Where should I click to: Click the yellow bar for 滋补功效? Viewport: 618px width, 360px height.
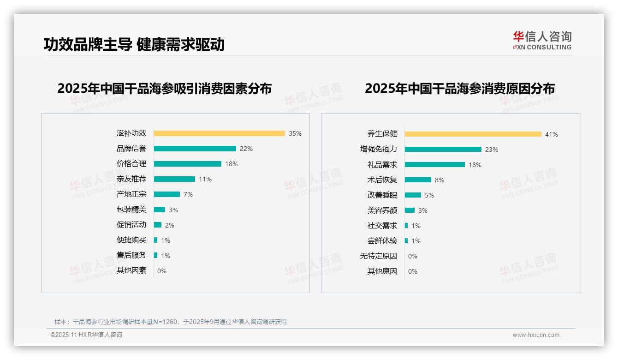(x=219, y=133)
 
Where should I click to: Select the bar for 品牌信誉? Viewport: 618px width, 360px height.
(x=195, y=149)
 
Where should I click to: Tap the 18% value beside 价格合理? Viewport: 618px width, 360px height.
(x=231, y=164)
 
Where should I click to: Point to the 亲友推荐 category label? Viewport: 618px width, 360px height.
(x=131, y=179)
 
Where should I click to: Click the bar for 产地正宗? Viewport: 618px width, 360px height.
(x=166, y=194)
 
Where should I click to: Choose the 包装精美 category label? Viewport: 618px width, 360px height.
(x=131, y=210)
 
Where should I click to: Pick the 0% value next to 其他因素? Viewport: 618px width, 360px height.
(x=161, y=271)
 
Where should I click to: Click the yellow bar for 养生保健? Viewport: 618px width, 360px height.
(x=473, y=134)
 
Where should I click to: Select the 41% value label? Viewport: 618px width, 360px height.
(x=551, y=134)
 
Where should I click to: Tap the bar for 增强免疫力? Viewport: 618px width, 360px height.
(x=443, y=150)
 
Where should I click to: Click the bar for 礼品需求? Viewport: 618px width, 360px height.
(x=434, y=165)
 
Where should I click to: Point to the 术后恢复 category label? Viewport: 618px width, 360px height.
(x=382, y=180)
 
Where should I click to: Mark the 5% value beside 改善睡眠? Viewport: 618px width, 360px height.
(x=429, y=195)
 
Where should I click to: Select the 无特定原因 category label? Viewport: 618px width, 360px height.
(x=378, y=256)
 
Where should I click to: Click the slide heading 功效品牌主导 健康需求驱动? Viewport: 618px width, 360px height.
(x=134, y=44)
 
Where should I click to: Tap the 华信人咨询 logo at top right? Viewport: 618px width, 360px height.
(x=542, y=40)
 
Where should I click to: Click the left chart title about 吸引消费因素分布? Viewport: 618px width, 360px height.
(x=164, y=88)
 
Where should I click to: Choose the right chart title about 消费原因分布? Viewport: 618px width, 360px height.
(x=459, y=88)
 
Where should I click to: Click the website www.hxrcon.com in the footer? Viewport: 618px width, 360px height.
(x=535, y=335)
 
